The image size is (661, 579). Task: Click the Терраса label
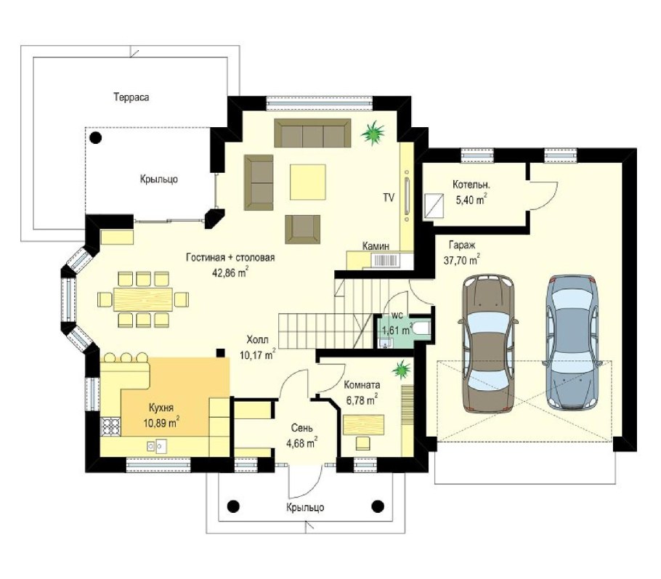(131, 97)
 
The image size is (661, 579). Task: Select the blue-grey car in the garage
(572, 342)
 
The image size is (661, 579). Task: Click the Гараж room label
(462, 245)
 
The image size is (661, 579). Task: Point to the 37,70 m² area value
(461, 260)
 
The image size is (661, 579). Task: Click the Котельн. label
(471, 185)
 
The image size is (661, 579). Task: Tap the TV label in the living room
(389, 197)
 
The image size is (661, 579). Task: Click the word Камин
(376, 246)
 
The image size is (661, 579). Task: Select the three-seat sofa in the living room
(312, 133)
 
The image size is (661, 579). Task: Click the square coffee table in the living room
(308, 182)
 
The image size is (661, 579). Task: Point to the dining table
(143, 299)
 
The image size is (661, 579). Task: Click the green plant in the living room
(373, 132)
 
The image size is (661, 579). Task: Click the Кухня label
(161, 408)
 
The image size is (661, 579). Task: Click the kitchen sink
(156, 446)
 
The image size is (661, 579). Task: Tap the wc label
(397, 315)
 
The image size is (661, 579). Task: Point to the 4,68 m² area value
(301, 443)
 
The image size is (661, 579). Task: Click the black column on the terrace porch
(96, 137)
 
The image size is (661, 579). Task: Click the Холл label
(257, 339)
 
